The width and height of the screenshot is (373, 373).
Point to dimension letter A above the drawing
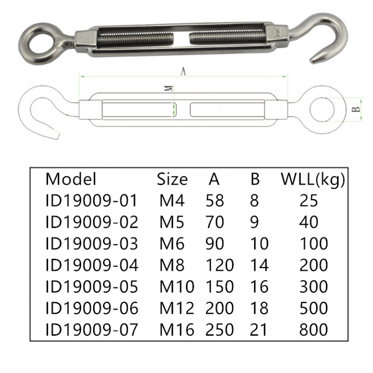point(183,71)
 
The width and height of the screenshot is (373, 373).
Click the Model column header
point(71,179)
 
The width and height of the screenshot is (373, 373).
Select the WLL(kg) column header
point(313,179)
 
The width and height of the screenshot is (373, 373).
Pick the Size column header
point(172,179)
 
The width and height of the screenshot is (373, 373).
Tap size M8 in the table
point(172,265)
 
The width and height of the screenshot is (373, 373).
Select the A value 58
point(215,201)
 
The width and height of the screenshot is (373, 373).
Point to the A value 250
point(220,330)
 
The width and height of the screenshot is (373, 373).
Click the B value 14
point(259,265)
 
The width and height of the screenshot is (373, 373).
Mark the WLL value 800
point(313,330)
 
